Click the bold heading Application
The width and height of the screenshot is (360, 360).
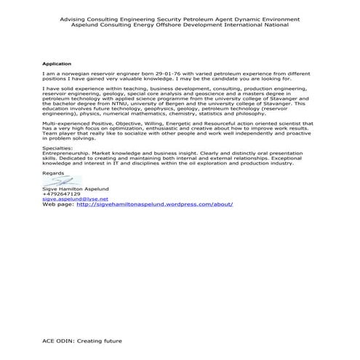(57, 64)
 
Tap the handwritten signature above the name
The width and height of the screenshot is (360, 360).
(61, 181)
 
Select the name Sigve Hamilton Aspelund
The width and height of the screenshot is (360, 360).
(76, 188)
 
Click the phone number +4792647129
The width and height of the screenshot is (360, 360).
(62, 193)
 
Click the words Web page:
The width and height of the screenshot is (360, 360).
(57, 204)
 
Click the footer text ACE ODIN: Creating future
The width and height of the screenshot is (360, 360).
(82, 340)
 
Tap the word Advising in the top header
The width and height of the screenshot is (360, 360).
(73, 19)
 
